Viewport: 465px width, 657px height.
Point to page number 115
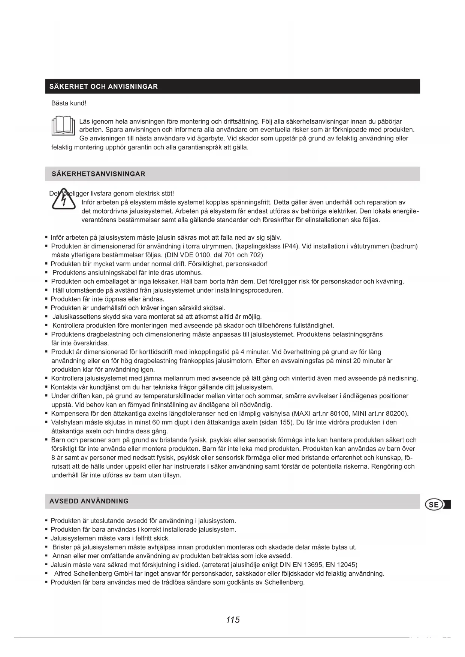pyautogui.click(x=233, y=620)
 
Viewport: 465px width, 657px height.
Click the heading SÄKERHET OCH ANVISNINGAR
pyautogui.click(x=104, y=87)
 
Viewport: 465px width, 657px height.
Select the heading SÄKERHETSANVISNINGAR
pyautogui.click(x=99, y=174)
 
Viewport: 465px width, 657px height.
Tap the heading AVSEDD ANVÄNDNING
pyautogui.click(x=89, y=501)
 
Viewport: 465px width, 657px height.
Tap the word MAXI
pyautogui.click(x=302, y=414)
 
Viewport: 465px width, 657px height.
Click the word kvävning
pyautogui.click(x=390, y=282)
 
